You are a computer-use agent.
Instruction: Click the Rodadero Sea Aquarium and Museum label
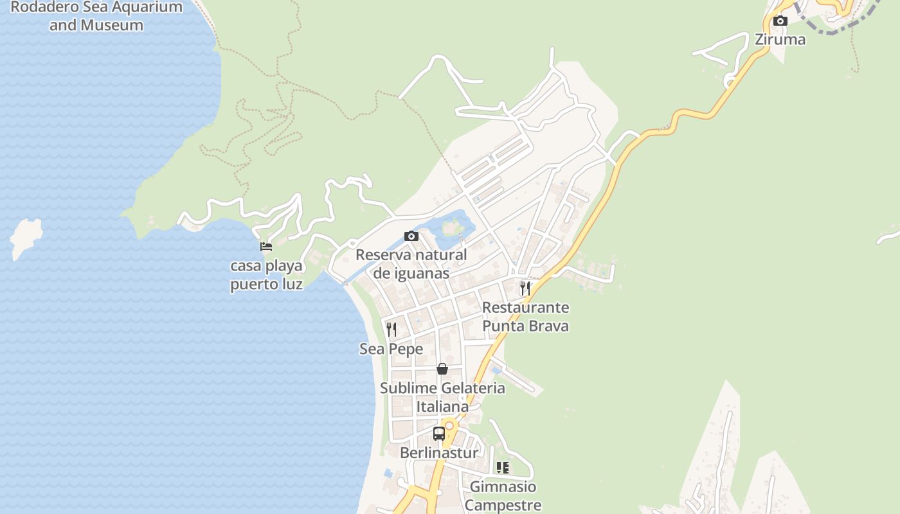click(96, 17)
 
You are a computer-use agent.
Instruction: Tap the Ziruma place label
click(780, 39)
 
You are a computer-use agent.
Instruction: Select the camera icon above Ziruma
click(780, 21)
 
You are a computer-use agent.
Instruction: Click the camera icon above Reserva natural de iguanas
click(411, 236)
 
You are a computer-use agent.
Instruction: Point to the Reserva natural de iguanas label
click(411, 263)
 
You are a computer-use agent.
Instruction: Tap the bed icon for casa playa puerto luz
click(266, 247)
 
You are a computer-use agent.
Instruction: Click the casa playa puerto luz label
click(267, 274)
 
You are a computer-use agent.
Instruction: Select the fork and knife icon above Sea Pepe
click(391, 330)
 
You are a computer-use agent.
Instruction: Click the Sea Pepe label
click(391, 349)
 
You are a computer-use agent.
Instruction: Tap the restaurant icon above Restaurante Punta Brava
click(525, 288)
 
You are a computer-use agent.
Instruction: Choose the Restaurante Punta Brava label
click(525, 317)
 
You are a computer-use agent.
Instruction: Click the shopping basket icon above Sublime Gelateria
click(442, 369)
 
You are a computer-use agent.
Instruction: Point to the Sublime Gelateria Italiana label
click(442, 397)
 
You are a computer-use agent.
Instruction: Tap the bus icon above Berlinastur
click(439, 434)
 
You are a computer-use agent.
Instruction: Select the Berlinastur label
click(439, 453)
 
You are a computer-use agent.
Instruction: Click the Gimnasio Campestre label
click(503, 496)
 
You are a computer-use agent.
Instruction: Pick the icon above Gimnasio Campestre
click(503, 468)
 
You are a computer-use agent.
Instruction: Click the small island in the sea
click(26, 236)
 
